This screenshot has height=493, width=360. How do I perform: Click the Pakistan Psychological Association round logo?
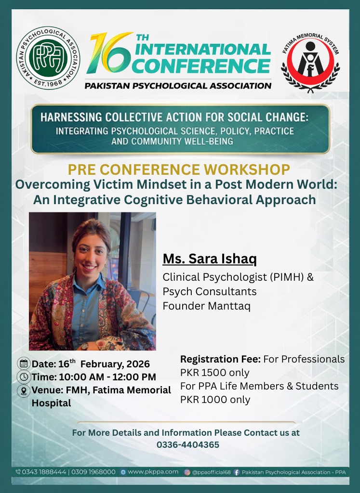pyautogui.click(x=48, y=58)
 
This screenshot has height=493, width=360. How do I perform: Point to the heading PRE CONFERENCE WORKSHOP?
pyautogui.click(x=179, y=169)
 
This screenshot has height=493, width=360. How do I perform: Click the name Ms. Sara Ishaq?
pyautogui.click(x=210, y=259)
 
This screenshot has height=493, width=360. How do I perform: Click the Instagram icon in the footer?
pyautogui.click(x=187, y=472)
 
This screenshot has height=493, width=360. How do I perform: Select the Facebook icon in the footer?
pyautogui.click(x=237, y=472)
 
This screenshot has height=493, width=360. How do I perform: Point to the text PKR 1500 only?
pyautogui.click(x=215, y=373)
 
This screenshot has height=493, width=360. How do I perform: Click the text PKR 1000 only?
pyautogui.click(x=215, y=400)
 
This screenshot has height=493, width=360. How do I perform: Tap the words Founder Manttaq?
pyautogui.click(x=206, y=306)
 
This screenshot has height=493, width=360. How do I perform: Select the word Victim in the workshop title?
pyautogui.click(x=99, y=184)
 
